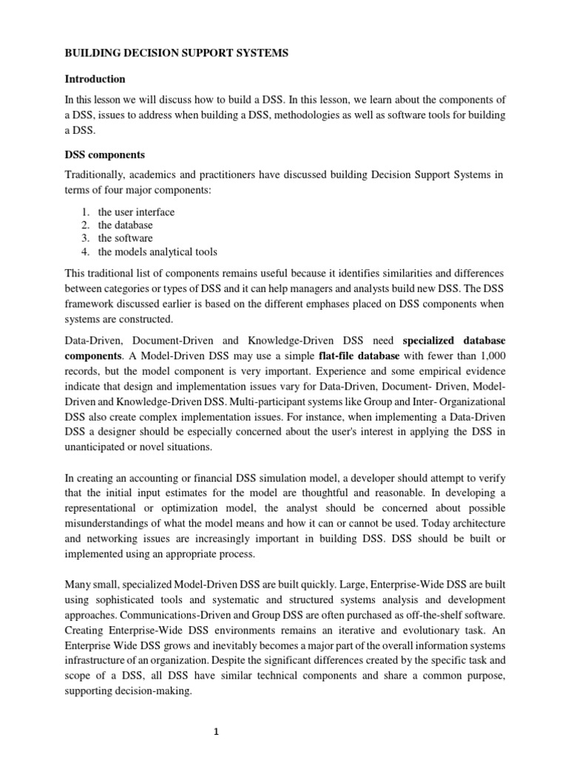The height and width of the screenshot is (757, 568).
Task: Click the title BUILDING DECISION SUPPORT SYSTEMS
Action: point(177,53)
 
